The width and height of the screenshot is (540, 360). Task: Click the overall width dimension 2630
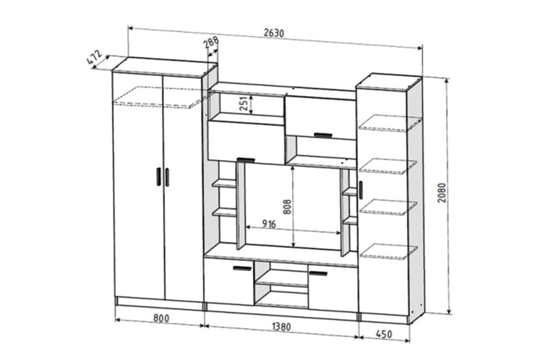[274, 33]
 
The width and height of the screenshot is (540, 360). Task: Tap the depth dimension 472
[94, 58]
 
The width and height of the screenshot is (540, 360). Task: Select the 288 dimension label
[211, 43]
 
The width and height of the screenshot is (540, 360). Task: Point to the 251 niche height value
[244, 103]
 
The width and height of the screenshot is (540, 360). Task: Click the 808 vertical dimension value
[287, 207]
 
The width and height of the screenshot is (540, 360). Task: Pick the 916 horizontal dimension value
[269, 224]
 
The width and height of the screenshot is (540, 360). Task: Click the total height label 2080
[442, 193]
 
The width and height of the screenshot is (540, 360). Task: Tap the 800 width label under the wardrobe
[161, 318]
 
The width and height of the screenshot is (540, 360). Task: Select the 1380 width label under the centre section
[282, 326]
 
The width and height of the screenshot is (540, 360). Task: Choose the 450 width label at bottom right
[384, 334]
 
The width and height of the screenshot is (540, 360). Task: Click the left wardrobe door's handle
[159, 177]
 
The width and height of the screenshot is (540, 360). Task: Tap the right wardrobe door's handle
[167, 177]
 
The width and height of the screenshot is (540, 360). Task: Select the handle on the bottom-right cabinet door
[318, 273]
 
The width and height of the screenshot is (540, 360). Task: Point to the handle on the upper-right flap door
[323, 135]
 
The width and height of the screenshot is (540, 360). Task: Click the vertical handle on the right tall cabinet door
[361, 190]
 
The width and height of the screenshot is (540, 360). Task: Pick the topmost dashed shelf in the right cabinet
[390, 123]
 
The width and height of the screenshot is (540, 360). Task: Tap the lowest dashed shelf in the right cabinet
[389, 251]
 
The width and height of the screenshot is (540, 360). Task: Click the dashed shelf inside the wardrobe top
[160, 97]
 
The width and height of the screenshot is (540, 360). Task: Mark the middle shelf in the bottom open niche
[282, 283]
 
